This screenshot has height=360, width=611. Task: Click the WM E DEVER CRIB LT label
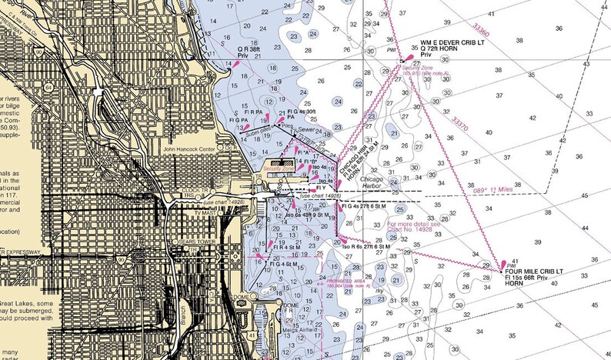456,42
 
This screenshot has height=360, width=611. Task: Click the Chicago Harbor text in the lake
376,179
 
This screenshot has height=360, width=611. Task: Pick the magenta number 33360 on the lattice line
481,30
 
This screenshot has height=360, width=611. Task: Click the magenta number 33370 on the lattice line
459,122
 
